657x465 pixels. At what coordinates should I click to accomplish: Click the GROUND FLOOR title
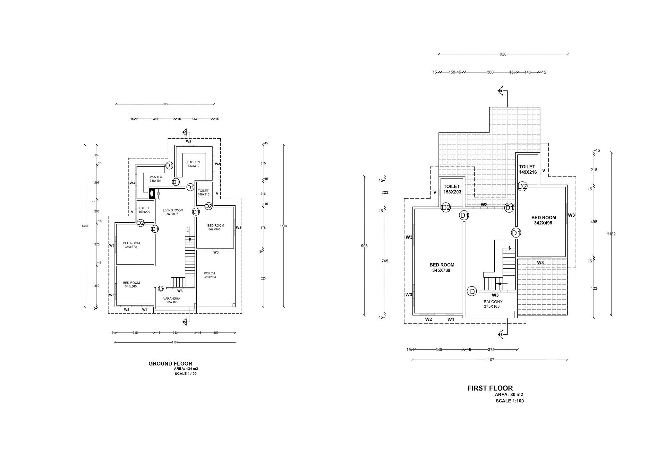(x=170, y=364)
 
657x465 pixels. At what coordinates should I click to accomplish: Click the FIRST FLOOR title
(x=490, y=388)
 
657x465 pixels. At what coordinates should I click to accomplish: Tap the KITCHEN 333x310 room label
(x=193, y=164)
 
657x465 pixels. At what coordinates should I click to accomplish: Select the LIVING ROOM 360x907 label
(x=173, y=212)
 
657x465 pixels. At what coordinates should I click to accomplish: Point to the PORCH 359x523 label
(x=209, y=275)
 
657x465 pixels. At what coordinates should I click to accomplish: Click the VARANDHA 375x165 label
(x=172, y=300)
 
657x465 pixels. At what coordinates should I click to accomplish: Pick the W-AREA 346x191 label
(x=156, y=179)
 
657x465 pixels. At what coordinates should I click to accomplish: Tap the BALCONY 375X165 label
(x=493, y=304)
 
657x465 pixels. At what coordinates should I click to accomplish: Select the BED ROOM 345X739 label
(x=442, y=268)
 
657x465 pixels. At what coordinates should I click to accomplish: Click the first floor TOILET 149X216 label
(x=527, y=169)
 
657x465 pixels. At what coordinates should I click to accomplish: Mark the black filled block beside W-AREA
(x=152, y=194)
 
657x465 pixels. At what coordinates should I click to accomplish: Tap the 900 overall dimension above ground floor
(x=165, y=104)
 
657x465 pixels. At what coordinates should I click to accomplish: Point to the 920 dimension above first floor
(x=503, y=54)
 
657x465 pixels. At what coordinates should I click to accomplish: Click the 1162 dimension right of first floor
(x=611, y=234)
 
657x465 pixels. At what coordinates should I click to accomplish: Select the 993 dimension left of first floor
(x=364, y=246)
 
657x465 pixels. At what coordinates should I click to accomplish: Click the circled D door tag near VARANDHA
(x=161, y=289)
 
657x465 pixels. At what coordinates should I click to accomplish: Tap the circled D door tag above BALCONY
(x=472, y=291)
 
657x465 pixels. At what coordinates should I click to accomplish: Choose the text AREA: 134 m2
(x=186, y=369)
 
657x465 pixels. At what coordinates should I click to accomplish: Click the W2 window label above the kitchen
(x=189, y=141)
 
